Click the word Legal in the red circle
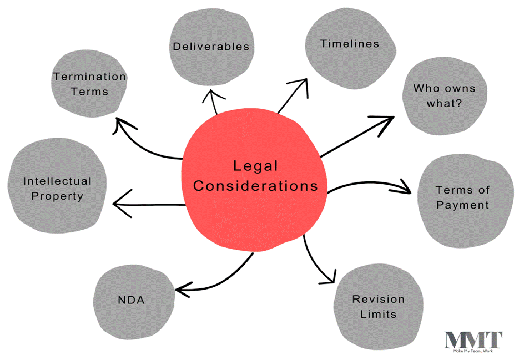click(x=255, y=166)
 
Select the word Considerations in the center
click(x=255, y=186)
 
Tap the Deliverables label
click(x=211, y=47)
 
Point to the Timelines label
click(x=350, y=44)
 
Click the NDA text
click(x=132, y=300)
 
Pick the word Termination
click(x=90, y=77)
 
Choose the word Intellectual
click(x=57, y=181)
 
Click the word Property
click(x=57, y=196)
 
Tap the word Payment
click(x=462, y=205)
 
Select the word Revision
click(x=379, y=299)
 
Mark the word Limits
click(x=379, y=314)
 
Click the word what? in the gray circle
click(x=444, y=104)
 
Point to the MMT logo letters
click(x=473, y=340)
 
